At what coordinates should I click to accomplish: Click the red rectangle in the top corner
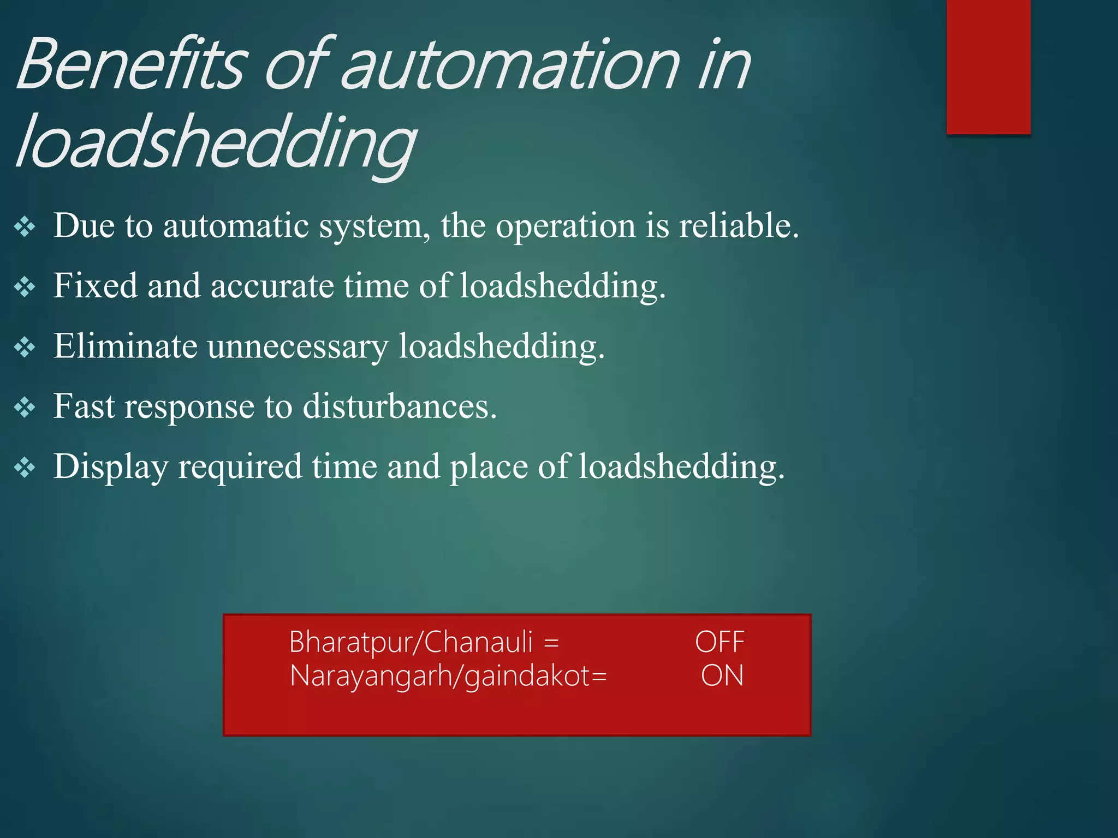click(988, 67)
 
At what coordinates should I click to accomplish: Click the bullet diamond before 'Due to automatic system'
click(25, 227)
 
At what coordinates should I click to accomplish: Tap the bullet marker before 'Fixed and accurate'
click(25, 287)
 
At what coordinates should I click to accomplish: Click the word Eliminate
click(125, 346)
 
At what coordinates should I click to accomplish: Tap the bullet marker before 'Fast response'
click(25, 408)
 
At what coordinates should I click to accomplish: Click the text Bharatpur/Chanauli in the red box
click(411, 642)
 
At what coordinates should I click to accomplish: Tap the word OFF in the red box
click(719, 642)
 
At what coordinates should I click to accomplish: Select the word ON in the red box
click(722, 676)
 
